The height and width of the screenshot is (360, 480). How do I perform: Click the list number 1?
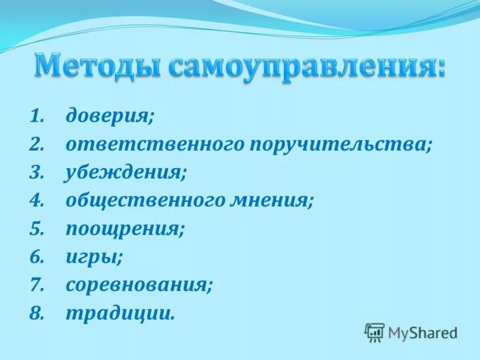coord(37,116)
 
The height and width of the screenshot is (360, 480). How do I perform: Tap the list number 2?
coord(37,144)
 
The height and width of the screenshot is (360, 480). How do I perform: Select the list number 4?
coord(37,200)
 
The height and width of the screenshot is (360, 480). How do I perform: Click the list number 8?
coord(37,313)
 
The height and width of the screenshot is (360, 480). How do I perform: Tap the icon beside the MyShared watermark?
coord(374,332)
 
